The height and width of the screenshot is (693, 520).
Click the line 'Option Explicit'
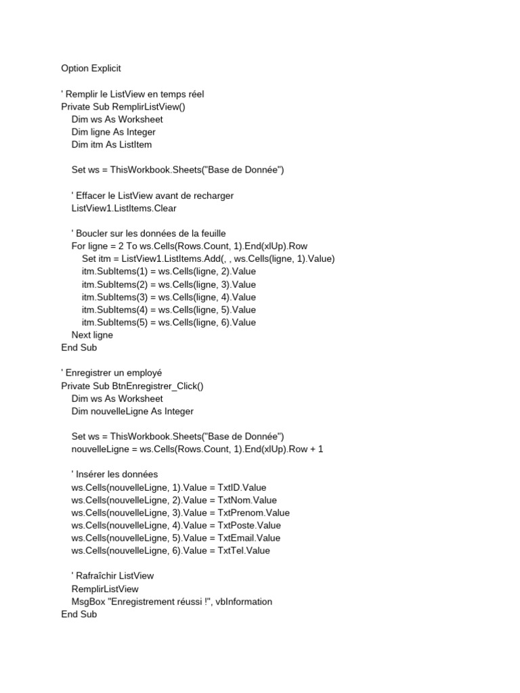[91, 68]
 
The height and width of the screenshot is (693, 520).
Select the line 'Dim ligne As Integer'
[113, 132]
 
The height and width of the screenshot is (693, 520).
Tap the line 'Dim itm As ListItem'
[111, 145]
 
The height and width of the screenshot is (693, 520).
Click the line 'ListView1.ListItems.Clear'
[124, 208]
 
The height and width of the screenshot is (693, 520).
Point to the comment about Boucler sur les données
[148, 233]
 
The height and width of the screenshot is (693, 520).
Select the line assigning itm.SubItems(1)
[169, 271]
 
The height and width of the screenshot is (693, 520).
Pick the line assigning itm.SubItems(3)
[169, 297]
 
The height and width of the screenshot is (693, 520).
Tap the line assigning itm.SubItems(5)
[169, 322]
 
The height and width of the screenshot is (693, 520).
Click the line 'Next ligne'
[92, 335]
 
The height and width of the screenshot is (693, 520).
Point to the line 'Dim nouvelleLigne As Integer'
[132, 411]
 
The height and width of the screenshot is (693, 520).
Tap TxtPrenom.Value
[253, 513]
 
